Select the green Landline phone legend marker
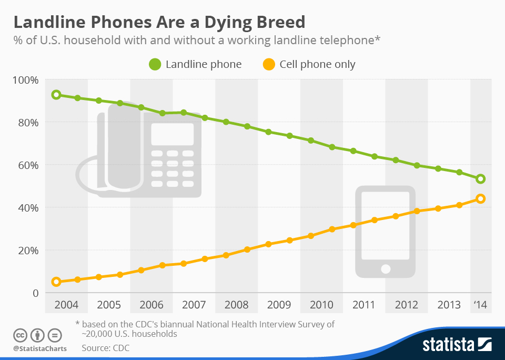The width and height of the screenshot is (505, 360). [x=155, y=65]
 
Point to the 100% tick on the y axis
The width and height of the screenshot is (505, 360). [x=26, y=80]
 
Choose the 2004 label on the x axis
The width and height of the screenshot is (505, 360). [x=66, y=305]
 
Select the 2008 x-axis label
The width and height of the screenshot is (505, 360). [x=236, y=305]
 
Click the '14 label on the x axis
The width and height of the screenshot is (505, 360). [x=480, y=305]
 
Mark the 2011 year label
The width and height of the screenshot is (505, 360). [x=363, y=305]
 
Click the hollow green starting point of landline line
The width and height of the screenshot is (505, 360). [x=56, y=95]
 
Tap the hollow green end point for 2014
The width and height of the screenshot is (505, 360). [x=480, y=179]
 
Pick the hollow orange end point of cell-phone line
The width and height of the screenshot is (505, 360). [x=480, y=198]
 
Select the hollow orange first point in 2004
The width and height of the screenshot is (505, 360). [x=56, y=282]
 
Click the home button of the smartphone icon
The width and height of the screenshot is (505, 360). [x=386, y=269]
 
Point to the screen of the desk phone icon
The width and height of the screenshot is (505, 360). [x=172, y=134]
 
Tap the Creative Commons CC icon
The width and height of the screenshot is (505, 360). [x=19, y=335]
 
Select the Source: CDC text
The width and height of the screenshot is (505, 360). [x=105, y=348]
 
